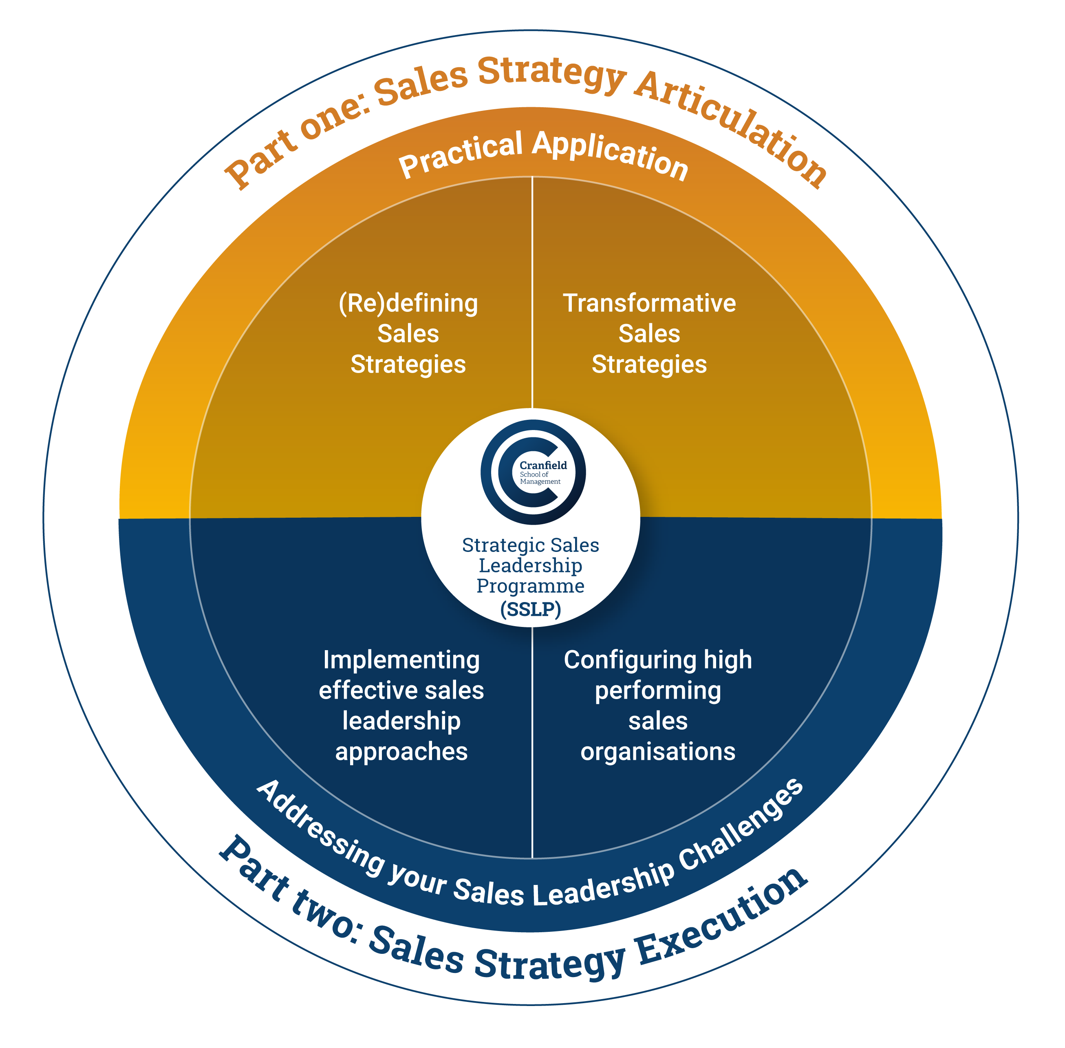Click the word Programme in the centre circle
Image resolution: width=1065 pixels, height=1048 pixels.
click(x=531, y=586)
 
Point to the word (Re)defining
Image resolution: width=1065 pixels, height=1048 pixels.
click(x=408, y=303)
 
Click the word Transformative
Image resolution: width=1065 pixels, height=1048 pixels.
click(x=649, y=303)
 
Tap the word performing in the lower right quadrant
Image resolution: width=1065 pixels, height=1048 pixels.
click(x=658, y=691)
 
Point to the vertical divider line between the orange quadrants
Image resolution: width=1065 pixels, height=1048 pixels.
click(x=532, y=292)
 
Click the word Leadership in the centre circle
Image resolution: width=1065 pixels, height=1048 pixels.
click(x=531, y=565)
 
